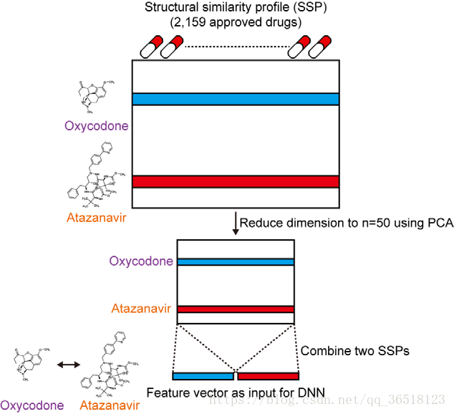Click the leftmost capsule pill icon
pos(151,47)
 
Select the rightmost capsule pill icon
pos(321,47)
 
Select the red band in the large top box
pos(236,181)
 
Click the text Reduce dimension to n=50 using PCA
pos(347,223)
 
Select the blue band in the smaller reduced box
pos(236,262)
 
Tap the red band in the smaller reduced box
pos(236,309)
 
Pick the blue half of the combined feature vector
pos(203,375)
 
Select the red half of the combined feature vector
pos(268,375)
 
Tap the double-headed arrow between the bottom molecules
pos(69,365)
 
